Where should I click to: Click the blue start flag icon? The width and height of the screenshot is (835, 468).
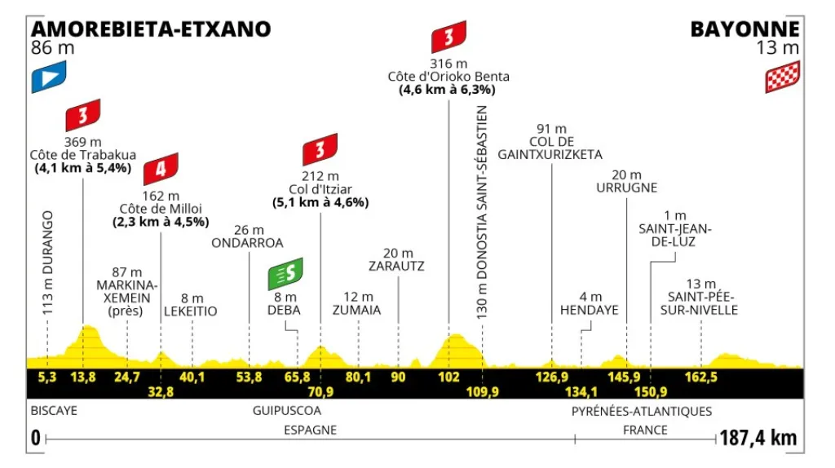click(48, 77)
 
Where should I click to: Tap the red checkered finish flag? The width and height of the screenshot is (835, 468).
click(782, 77)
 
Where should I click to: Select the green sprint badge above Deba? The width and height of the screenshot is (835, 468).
click(285, 274)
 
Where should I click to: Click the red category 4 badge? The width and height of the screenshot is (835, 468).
click(160, 170)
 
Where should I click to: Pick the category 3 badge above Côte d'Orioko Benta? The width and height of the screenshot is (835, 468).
click(449, 38)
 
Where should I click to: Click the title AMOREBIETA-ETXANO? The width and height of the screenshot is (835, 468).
click(151, 29)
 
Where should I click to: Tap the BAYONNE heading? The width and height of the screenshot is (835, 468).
click(745, 29)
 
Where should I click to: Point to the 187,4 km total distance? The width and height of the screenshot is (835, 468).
click(758, 438)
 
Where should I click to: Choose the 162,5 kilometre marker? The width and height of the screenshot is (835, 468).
click(701, 377)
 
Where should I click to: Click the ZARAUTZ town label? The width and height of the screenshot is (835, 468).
click(397, 266)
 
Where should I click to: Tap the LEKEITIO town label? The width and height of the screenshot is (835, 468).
click(191, 311)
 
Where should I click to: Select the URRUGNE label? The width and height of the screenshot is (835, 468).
click(626, 187)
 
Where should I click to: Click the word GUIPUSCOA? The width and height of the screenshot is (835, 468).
click(287, 411)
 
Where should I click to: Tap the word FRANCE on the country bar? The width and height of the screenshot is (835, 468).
click(645, 430)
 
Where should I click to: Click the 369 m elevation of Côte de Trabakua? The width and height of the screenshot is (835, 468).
click(82, 140)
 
